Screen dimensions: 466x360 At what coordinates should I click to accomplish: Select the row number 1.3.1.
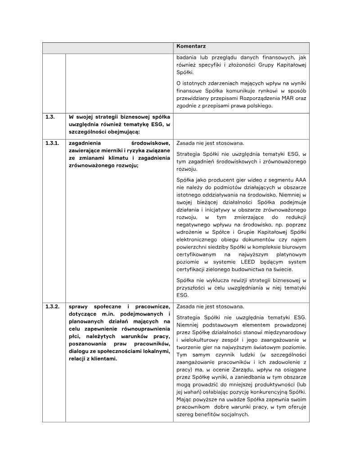pyautogui.click(x=53, y=144)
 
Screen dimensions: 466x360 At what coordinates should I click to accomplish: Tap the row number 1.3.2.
pyautogui.click(x=53, y=307)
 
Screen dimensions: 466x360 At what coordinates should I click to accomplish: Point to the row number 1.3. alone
pyautogui.click(x=50, y=117)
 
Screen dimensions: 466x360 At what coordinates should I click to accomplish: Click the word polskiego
pyautogui.click(x=258, y=106)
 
